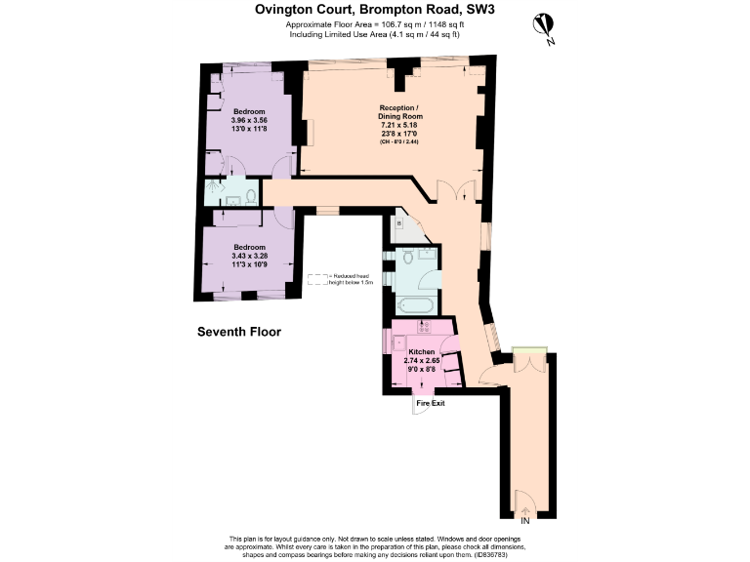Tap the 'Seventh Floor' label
pyautogui.click(x=239, y=333)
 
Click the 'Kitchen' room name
pyautogui.click(x=422, y=351)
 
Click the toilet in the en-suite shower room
pyautogui.click(x=251, y=197)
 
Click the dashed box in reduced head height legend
pyautogui.click(x=318, y=279)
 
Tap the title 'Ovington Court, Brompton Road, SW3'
pyautogui.click(x=374, y=10)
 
